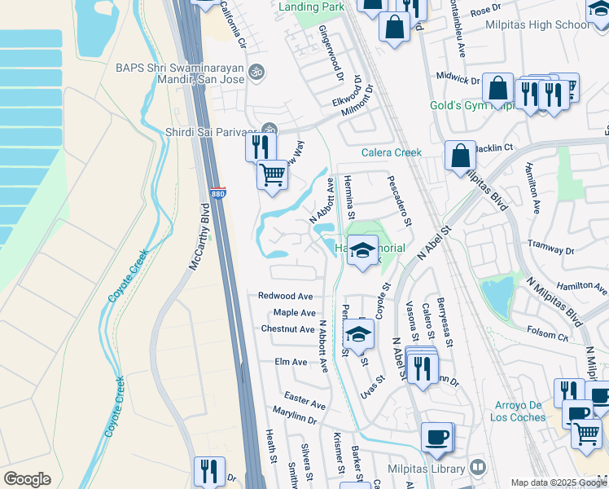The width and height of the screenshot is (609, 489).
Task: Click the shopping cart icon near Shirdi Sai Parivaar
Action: point(273,174)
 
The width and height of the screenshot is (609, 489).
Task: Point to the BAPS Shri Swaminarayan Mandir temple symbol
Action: point(257,71)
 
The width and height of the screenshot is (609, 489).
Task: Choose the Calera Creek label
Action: point(392,152)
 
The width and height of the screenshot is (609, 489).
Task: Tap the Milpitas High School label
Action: point(538,24)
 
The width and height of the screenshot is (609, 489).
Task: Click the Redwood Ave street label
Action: point(286,296)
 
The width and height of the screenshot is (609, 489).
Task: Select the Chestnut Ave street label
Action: point(287,329)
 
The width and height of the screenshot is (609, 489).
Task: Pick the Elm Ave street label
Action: point(291,362)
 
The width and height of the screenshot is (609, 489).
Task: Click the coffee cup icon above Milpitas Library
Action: point(437,437)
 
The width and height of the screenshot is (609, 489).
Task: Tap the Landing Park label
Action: point(310,7)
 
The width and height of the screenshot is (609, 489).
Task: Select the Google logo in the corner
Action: point(27,479)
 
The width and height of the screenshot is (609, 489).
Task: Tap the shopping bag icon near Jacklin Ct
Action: point(460,156)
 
